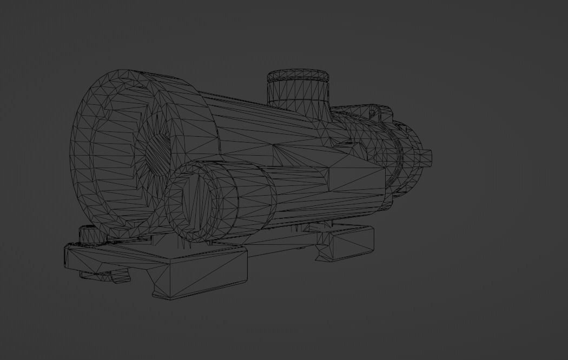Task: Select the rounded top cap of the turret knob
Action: pyautogui.click(x=298, y=74)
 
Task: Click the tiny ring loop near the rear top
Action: pyautogui.click(x=372, y=113)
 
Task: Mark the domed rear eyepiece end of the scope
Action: pyautogui.click(x=414, y=157)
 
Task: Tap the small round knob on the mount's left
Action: pyautogui.click(x=88, y=236)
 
